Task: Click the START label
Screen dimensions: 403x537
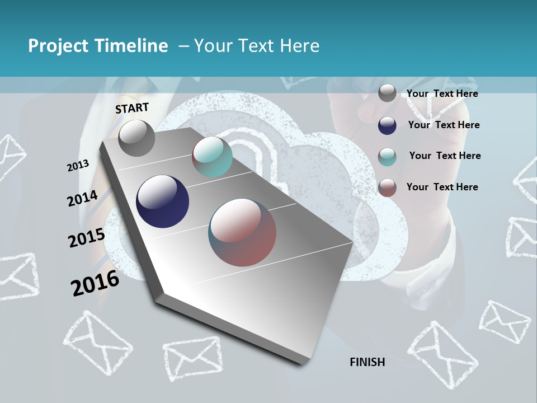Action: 132,108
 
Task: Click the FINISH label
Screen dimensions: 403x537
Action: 368,362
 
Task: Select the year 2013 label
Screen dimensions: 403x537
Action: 78,165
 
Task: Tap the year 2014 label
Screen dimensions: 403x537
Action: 83,198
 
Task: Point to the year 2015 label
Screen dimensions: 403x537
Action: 87,238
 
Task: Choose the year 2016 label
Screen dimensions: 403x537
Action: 95,283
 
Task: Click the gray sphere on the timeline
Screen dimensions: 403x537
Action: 136,138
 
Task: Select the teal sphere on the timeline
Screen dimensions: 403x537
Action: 212,157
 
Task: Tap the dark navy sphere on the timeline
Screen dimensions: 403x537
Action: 163,201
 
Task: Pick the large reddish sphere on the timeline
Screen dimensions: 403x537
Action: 242,232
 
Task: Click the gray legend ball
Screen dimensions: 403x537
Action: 387,93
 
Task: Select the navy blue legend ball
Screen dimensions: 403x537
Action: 387,125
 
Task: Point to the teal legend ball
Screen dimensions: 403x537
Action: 387,157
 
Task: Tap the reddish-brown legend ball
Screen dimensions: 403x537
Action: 387,188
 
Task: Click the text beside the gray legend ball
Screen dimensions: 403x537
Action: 442,93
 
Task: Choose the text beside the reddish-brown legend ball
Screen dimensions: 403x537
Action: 442,187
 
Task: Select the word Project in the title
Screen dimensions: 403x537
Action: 59,46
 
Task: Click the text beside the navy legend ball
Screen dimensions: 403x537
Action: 444,125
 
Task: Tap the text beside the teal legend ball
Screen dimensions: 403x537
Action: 445,156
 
